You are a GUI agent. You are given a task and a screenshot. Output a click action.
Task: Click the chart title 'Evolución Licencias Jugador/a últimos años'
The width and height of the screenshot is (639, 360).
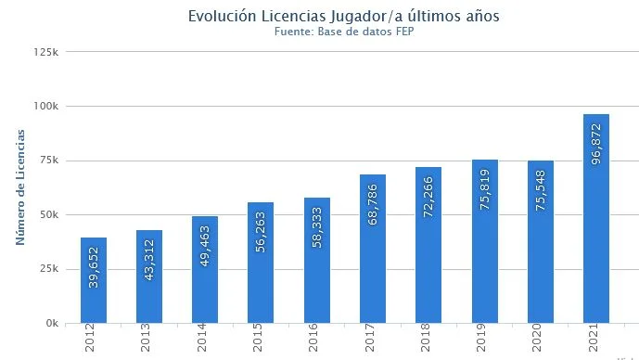pos(343,17)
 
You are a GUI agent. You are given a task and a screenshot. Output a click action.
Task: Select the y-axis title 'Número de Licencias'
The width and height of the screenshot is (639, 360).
pos(19,187)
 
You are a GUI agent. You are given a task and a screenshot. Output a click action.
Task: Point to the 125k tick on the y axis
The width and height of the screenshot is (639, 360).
pos(47,52)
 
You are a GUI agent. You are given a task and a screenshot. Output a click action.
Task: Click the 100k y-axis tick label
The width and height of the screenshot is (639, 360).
pos(47,106)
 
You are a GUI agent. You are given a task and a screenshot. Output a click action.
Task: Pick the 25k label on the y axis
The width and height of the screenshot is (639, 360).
pos(49,269)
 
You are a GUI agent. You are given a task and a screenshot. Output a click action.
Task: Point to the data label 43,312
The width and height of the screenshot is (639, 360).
pos(149,262)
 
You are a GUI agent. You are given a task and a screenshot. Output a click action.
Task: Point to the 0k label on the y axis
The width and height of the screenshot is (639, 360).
pos(52,324)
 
